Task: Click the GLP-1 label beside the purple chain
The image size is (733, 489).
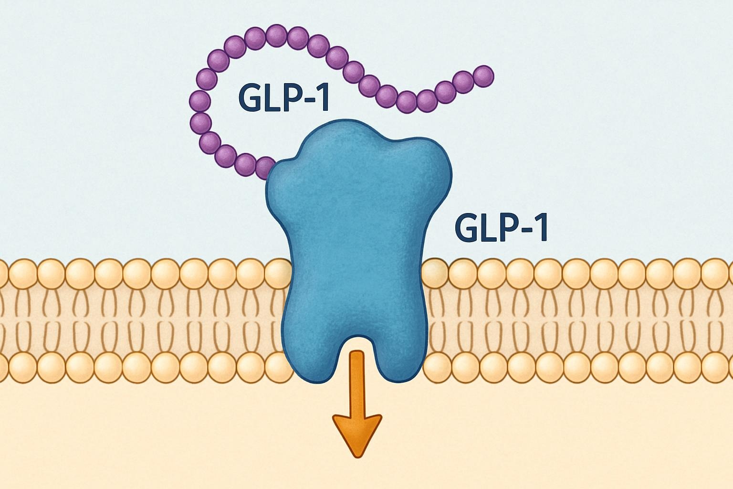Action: click(x=283, y=99)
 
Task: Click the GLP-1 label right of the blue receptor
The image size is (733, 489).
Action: click(x=502, y=228)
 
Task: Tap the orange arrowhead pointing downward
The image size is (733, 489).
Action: click(x=357, y=434)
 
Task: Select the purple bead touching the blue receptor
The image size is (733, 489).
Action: click(x=264, y=169)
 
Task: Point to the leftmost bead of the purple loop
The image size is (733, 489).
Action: click(x=199, y=101)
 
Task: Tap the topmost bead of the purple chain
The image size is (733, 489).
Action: click(x=276, y=35)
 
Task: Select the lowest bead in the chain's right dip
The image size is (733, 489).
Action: click(x=407, y=102)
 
